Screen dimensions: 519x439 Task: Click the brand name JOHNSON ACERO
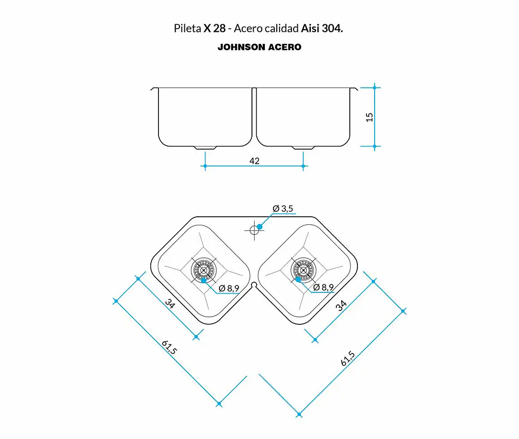259,47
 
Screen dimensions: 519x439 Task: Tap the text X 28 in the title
215,29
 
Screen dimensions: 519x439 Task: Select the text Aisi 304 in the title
321,29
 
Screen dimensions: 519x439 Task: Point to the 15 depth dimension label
369,117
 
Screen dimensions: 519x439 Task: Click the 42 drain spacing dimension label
254,161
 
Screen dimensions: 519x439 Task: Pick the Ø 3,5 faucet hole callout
283,209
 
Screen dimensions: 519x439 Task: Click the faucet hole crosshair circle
254,230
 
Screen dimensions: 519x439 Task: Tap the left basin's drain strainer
204,270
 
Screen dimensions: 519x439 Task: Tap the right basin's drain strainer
303,270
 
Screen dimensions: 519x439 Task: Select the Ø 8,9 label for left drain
229,288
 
